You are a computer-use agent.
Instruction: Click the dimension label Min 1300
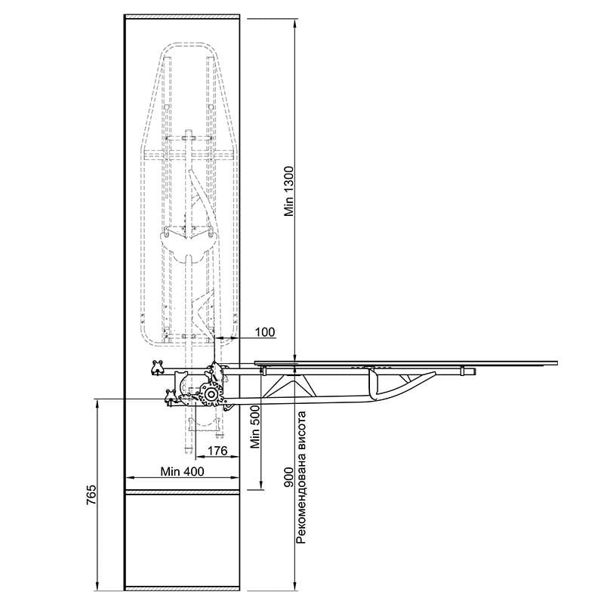(289, 192)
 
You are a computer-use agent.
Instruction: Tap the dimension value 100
(265, 332)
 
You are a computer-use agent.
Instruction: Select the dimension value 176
(217, 450)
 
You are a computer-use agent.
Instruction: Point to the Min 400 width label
(182, 471)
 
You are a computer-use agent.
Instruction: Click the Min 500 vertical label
(255, 427)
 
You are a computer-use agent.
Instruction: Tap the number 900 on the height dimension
(289, 477)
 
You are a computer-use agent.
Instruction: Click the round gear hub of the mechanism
(211, 393)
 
